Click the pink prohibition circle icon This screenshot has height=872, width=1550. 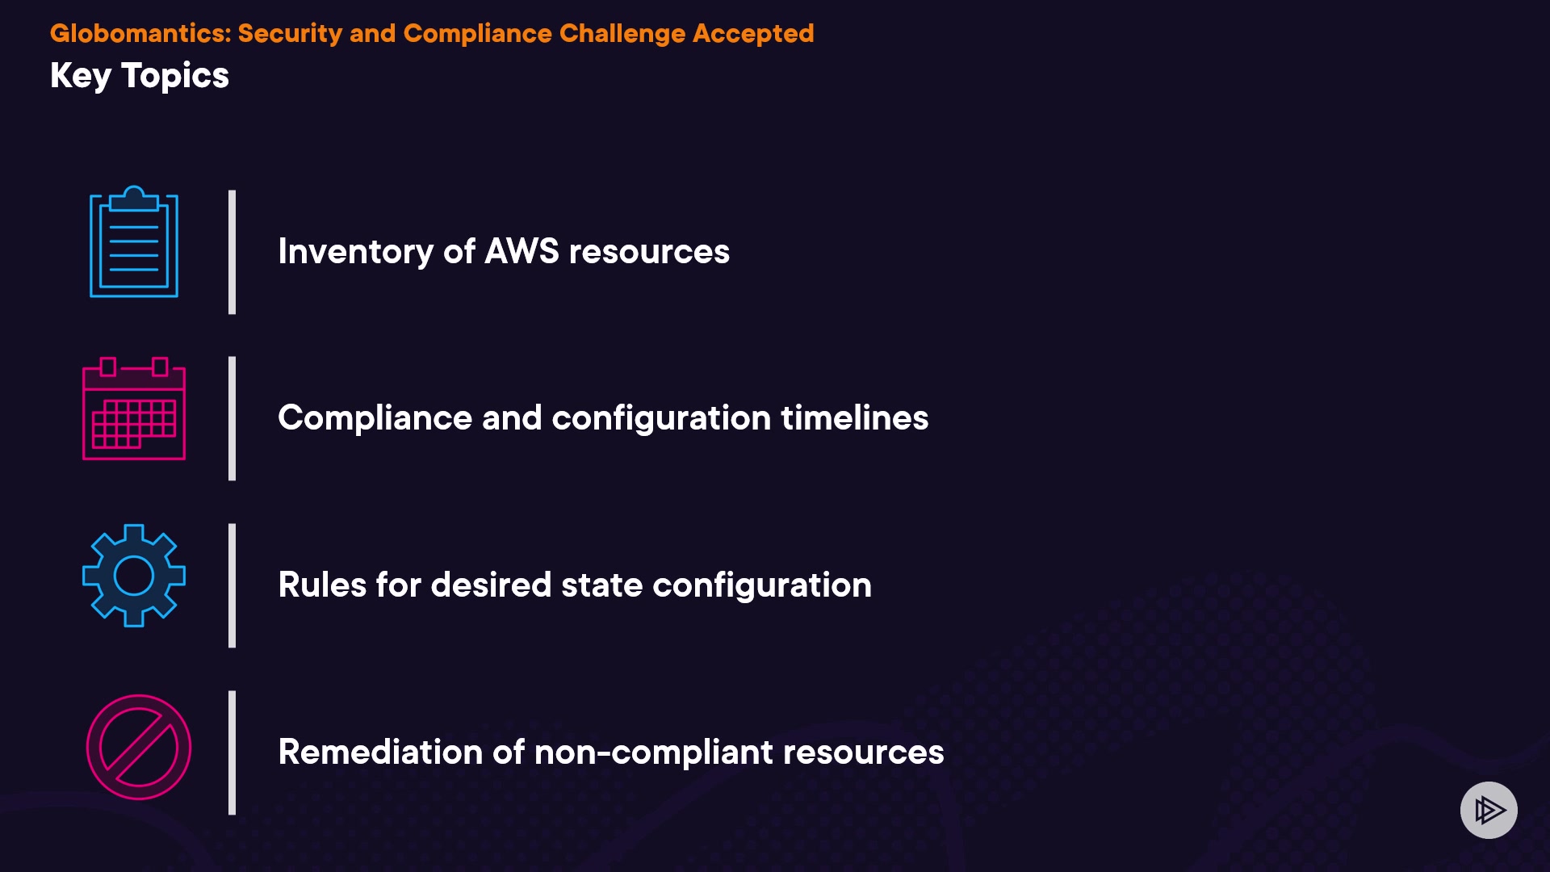click(x=139, y=748)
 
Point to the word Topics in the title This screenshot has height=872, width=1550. click(x=175, y=77)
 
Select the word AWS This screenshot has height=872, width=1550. click(x=522, y=251)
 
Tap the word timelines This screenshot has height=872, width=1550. click(x=855, y=417)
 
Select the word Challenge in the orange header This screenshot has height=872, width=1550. click(x=622, y=34)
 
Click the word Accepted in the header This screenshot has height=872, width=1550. click(x=753, y=34)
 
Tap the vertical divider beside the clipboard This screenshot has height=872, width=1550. click(x=232, y=252)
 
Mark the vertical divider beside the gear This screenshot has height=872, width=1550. click(x=232, y=585)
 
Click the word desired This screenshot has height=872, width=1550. click(x=491, y=585)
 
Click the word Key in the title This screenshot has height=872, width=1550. click(x=81, y=77)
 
